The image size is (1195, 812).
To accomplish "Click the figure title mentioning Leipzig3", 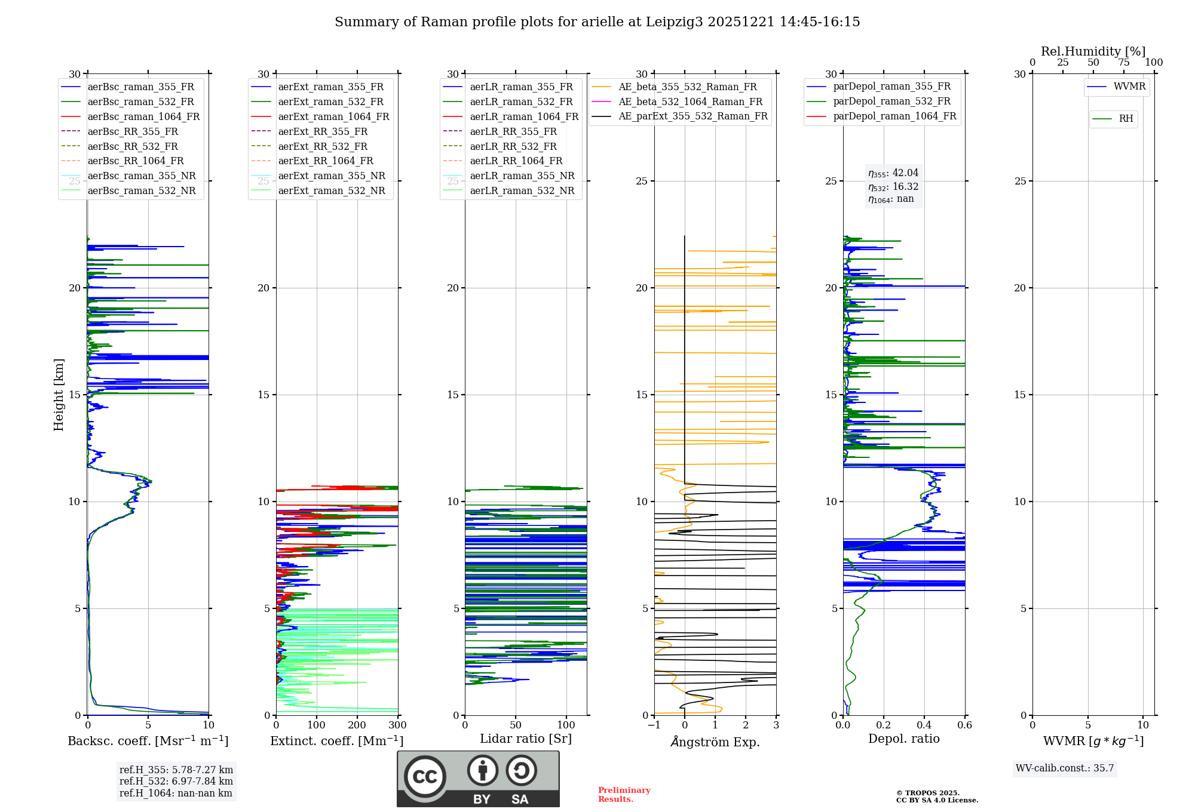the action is tap(597, 22).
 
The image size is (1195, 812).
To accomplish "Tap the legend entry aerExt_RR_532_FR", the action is tap(323, 146).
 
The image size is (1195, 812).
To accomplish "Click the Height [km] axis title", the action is tap(59, 395).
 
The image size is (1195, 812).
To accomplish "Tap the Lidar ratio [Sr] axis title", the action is tap(526, 739).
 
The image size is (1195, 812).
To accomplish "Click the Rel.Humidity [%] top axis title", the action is tap(1093, 51).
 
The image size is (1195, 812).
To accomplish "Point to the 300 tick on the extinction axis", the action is tap(397, 725).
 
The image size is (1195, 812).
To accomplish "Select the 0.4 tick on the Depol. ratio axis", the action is tap(924, 725).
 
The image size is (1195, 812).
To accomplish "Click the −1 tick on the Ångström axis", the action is tap(654, 725).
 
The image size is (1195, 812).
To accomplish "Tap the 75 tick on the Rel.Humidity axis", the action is tap(1123, 63).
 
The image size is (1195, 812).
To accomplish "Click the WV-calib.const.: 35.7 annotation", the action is tap(1065, 768).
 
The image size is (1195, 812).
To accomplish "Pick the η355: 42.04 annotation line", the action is tap(893, 173).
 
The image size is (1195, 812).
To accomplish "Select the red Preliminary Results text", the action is tap(624, 795).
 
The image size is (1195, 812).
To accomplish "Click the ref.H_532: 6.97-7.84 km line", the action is tap(176, 782).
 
